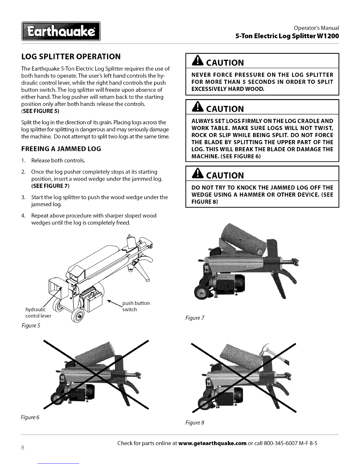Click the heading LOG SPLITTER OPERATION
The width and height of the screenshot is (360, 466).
(71, 56)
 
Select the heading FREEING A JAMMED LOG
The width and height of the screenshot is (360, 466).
(61, 149)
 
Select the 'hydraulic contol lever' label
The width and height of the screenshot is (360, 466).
(38, 313)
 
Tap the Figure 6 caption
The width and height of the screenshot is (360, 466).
(30, 417)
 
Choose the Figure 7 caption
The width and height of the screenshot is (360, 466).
(195, 318)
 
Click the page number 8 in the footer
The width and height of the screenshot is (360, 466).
(22, 448)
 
